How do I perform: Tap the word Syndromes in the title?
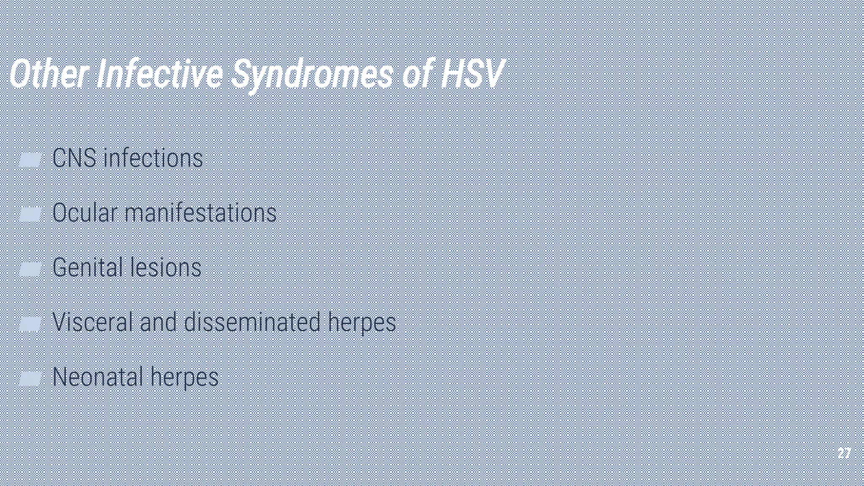click(x=312, y=75)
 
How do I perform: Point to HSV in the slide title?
click(x=472, y=74)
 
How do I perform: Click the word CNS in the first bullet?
click(x=74, y=158)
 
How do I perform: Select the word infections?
click(x=153, y=158)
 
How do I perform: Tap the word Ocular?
click(x=84, y=213)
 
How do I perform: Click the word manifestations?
click(x=200, y=213)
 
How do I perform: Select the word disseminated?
click(x=252, y=322)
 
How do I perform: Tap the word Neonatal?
click(x=98, y=377)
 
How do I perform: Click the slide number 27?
click(x=844, y=454)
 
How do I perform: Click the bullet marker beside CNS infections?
click(x=30, y=159)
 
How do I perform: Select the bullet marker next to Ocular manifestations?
click(x=30, y=214)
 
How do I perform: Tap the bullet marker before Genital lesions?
click(x=30, y=269)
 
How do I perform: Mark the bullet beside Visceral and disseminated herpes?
click(x=30, y=324)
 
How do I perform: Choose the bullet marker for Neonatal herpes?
click(x=30, y=378)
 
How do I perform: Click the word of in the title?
click(x=418, y=74)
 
